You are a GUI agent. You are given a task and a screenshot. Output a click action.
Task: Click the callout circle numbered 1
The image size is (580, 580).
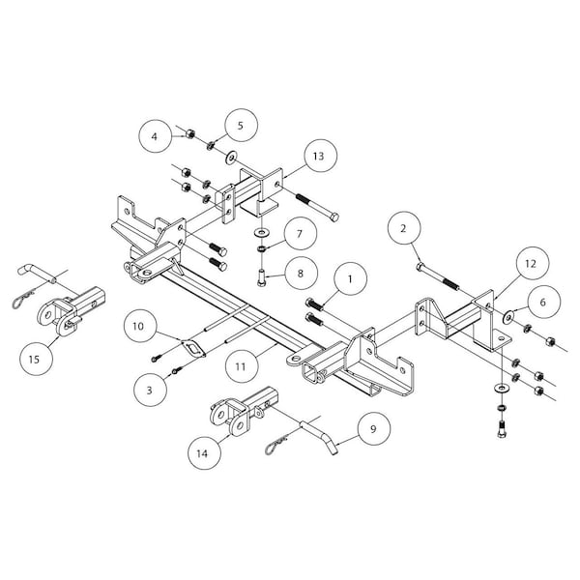click(351, 280)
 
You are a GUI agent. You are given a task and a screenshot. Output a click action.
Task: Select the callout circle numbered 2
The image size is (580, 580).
click(403, 228)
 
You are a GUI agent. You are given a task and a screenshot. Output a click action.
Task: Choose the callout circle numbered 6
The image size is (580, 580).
click(541, 303)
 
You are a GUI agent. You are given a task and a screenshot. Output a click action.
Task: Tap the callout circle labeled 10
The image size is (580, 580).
click(138, 327)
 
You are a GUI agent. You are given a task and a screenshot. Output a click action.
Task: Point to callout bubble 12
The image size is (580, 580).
click(530, 262)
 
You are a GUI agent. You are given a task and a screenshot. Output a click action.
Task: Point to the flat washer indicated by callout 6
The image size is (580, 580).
click(508, 313)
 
